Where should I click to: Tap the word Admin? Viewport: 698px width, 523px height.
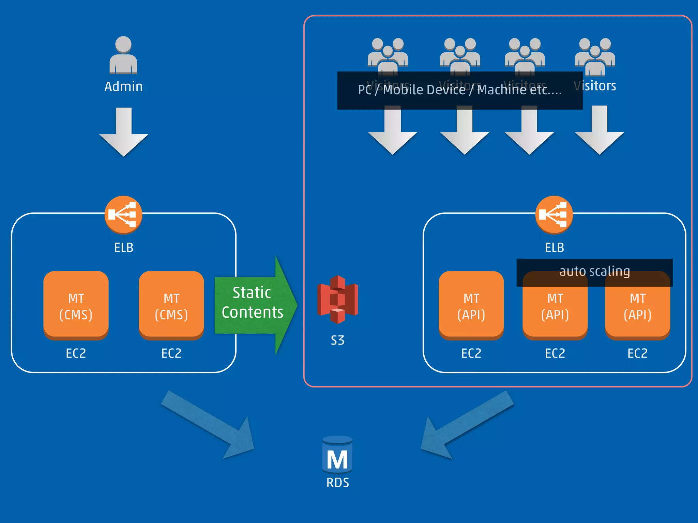tap(123, 86)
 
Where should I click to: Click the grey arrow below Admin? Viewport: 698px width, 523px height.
tap(124, 133)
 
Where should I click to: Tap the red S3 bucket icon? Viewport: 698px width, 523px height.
tap(337, 300)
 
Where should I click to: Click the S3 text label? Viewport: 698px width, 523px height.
tap(337, 340)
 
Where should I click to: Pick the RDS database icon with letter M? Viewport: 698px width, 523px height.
tap(337, 455)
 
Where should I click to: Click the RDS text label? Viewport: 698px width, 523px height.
tap(337, 482)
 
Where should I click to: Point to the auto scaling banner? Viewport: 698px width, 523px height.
tap(594, 272)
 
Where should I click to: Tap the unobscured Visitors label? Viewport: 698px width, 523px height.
tap(595, 86)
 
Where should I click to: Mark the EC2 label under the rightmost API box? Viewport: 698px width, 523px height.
tap(637, 353)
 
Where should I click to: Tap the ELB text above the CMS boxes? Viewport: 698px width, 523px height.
tap(123, 248)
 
